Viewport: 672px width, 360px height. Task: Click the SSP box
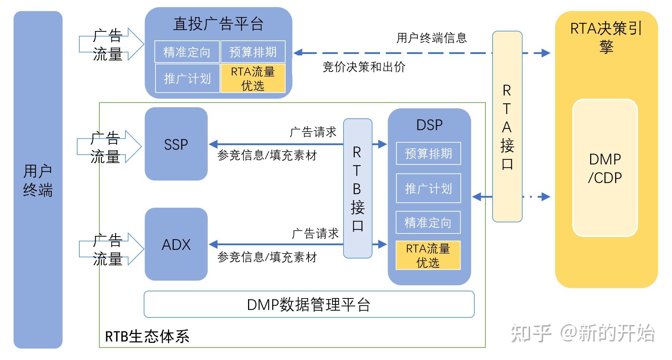point(176,144)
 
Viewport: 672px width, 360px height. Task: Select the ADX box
point(176,245)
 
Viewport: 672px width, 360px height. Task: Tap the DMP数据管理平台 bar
point(309,305)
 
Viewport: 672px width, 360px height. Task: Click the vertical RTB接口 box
point(357,188)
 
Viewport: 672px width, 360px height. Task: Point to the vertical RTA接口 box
point(507,127)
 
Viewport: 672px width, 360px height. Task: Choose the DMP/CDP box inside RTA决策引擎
point(605,168)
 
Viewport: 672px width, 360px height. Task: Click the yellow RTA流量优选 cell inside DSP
point(428,255)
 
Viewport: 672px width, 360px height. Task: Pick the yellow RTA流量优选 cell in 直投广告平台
point(253,78)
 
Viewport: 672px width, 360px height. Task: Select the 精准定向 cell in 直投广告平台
point(187,52)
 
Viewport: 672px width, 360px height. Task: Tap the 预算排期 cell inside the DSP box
point(428,154)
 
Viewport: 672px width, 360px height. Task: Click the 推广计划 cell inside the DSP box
point(428,188)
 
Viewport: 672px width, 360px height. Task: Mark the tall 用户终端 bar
point(38,180)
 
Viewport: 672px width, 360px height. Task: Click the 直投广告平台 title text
point(218,24)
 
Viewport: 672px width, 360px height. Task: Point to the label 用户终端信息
point(431,38)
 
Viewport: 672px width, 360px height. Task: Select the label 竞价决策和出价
point(364,67)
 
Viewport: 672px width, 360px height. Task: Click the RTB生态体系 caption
point(147,336)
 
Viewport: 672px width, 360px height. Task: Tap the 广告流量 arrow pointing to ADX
point(111,249)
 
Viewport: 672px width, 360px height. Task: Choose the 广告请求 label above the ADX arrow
point(315,234)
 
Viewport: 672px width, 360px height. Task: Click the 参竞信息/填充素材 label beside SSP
point(267,156)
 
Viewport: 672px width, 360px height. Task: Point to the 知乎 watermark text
point(530,333)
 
